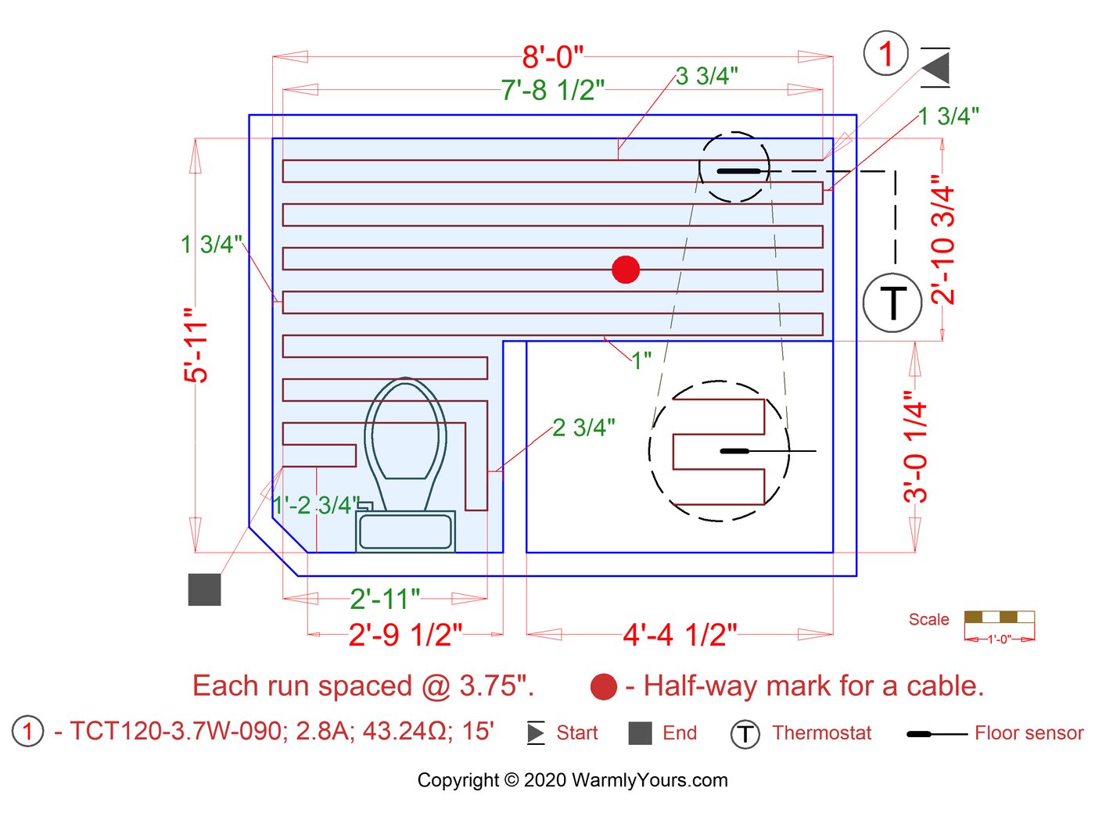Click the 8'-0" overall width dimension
[552, 56]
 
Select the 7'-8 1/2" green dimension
[552, 90]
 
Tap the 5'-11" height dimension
[196, 345]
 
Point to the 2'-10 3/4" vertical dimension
[942, 240]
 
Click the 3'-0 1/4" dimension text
[915, 446]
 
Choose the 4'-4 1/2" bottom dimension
[680, 635]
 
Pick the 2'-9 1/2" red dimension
[405, 635]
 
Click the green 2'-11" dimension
[385, 599]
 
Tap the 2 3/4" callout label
[583, 428]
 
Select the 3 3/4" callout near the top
[706, 76]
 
